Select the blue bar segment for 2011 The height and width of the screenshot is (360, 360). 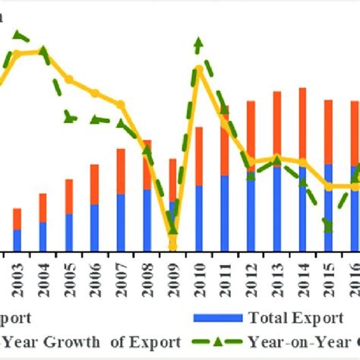(x=224, y=213)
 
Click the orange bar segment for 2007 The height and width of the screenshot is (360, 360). (x=121, y=171)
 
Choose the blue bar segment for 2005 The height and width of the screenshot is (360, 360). (x=69, y=232)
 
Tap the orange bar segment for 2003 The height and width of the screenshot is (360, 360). (x=17, y=218)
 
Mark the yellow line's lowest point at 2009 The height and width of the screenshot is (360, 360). (x=172, y=245)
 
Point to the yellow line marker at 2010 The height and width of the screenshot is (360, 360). (x=199, y=70)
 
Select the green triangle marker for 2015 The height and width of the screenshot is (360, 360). (x=328, y=223)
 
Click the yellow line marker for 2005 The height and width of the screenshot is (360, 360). (x=69, y=79)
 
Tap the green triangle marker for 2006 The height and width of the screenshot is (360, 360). (x=95, y=119)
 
